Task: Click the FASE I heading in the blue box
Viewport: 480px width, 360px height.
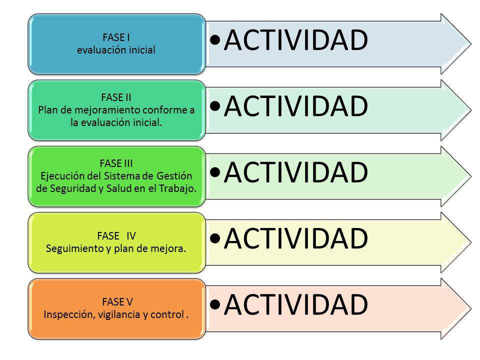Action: click(116, 36)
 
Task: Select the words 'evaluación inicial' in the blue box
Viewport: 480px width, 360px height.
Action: click(116, 50)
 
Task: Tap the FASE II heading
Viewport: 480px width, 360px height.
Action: click(116, 97)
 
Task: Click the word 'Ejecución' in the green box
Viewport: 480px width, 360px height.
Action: click(59, 175)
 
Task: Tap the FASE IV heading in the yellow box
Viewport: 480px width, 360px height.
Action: click(116, 235)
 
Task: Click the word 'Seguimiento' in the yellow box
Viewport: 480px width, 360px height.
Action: click(70, 248)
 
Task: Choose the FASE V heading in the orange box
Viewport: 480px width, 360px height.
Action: click(116, 301)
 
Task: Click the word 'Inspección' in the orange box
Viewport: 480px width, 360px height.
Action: click(65, 315)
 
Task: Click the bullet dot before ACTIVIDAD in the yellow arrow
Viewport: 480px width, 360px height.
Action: click(215, 239)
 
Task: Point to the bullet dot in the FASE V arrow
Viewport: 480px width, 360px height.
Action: click(215, 305)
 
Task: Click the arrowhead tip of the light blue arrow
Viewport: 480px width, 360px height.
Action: click(469, 43)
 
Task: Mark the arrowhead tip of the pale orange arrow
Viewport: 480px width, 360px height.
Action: click(469, 308)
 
